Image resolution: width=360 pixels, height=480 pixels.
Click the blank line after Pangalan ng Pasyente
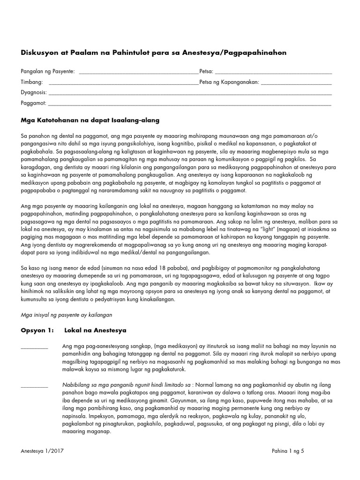pyautogui.click(x=139, y=73)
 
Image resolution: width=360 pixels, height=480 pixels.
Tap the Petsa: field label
pyautogui.click(x=206, y=71)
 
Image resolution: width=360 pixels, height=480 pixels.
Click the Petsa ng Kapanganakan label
pyautogui.click(x=229, y=82)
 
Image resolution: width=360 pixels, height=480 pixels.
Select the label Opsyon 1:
pyautogui.click(x=37, y=330)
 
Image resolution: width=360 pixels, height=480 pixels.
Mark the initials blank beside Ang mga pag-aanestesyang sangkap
pyautogui.click(x=34, y=347)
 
